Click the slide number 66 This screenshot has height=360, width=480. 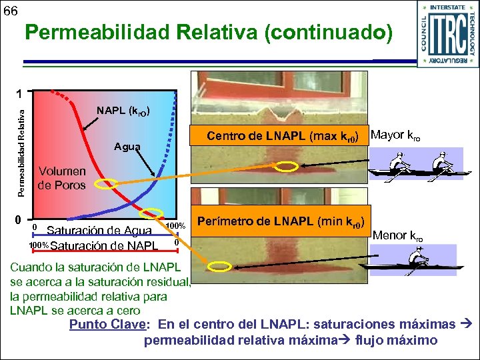pos(11,11)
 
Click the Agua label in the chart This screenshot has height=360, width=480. pos(127,147)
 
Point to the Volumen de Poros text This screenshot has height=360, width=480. pos(61,178)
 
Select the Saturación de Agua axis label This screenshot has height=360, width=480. pos(99,231)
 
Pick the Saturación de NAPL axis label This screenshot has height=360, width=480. pos(104,245)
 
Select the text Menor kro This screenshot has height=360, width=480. pos(398,235)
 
